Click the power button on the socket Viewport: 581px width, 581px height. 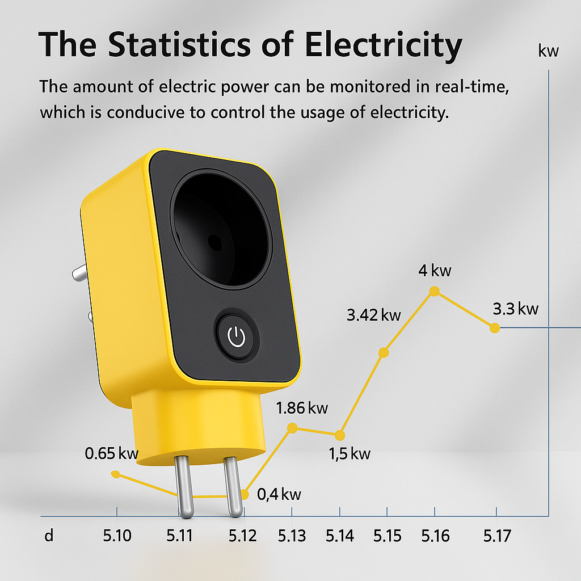pyautogui.click(x=236, y=337)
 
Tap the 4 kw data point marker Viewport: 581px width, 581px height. pyautogui.click(x=435, y=291)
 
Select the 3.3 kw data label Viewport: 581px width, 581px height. pyautogui.click(x=515, y=309)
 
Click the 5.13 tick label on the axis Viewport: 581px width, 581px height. pyautogui.click(x=292, y=536)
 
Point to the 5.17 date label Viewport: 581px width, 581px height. pyautogui.click(x=498, y=536)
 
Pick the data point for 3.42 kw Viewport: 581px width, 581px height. pyautogui.click(x=384, y=352)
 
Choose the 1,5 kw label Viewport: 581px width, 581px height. pyautogui.click(x=350, y=453)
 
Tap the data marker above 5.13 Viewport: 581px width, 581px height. pyautogui.click(x=292, y=428)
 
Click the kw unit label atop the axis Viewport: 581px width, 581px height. pyautogui.click(x=549, y=51)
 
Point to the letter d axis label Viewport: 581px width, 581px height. pyautogui.click(x=49, y=536)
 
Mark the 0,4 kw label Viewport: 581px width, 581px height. pyautogui.click(x=279, y=494)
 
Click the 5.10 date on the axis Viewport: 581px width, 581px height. pyautogui.click(x=117, y=536)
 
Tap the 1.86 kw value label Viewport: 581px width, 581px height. pyautogui.click(x=302, y=407)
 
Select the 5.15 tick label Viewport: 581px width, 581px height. pyautogui.click(x=388, y=536)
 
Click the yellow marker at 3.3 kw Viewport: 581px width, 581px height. pyautogui.click(x=495, y=327)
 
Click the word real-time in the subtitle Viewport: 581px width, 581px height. pyautogui.click(x=477, y=88)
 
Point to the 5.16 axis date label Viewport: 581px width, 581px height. pyautogui.click(x=435, y=536)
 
